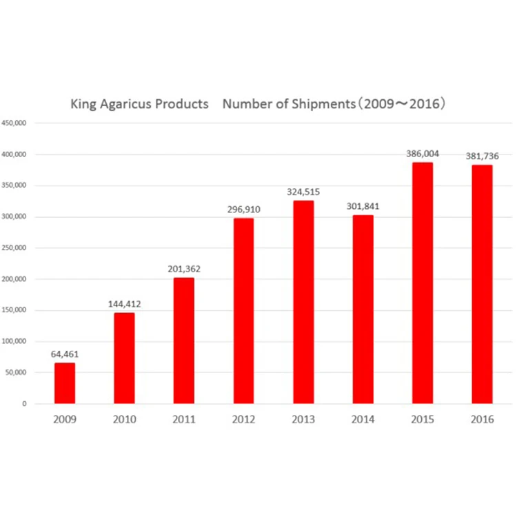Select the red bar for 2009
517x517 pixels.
[65, 383]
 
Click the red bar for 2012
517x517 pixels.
[243, 311]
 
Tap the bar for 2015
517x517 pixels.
[422, 283]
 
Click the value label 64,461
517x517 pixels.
[65, 354]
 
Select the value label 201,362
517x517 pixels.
[183, 269]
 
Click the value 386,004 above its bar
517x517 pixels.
[422, 154]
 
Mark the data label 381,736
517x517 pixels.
[482, 156]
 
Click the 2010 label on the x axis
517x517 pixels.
[124, 420]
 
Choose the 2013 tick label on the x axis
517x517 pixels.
[303, 420]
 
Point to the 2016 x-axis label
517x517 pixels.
[482, 420]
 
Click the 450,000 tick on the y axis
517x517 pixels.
[13, 123]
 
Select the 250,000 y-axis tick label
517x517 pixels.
[13, 247]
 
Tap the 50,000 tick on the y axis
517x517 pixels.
[15, 372]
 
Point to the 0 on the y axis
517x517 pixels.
[23, 403]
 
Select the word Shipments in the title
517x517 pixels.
[313, 105]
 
